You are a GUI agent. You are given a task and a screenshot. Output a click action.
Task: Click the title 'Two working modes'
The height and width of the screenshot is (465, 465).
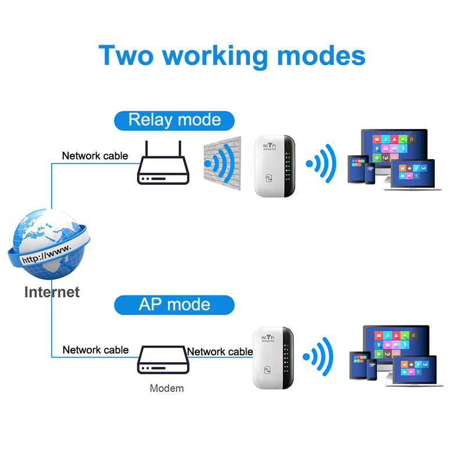(232, 55)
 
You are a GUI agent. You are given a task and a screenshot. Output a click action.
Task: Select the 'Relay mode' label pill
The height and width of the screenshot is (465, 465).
(174, 120)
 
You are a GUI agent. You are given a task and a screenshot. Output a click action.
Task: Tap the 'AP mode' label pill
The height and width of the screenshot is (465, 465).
(174, 304)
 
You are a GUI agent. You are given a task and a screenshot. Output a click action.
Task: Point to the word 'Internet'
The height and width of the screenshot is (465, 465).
(52, 291)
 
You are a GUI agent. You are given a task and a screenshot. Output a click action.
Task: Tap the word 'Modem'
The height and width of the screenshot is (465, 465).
(166, 388)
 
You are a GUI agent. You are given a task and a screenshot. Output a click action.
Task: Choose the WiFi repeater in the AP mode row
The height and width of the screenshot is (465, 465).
(272, 357)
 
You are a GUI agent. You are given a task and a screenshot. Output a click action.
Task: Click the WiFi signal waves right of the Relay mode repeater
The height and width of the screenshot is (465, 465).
(322, 164)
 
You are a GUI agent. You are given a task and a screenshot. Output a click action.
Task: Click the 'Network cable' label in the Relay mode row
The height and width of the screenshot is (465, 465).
(95, 156)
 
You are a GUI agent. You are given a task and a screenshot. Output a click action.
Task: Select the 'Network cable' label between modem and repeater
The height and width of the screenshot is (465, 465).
(220, 351)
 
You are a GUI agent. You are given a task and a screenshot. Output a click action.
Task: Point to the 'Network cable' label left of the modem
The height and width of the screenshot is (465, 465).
(95, 350)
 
